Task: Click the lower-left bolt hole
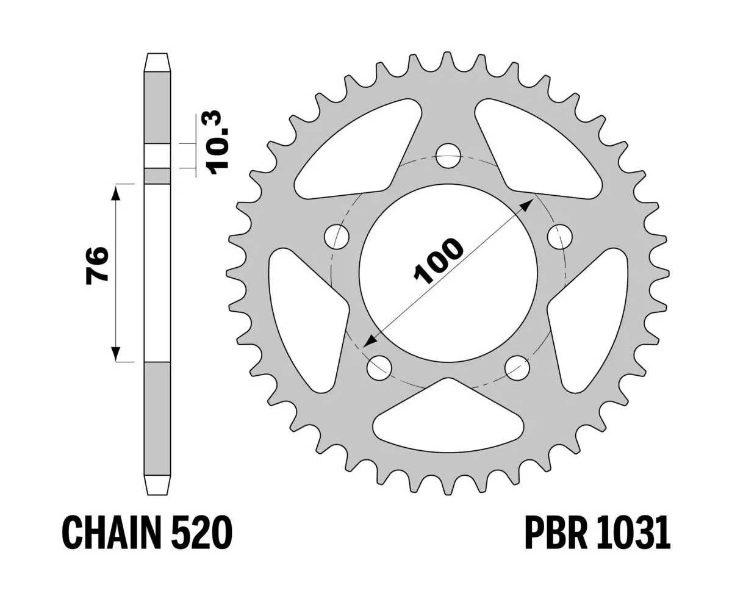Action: click(x=379, y=366)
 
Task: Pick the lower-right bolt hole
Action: click(x=517, y=366)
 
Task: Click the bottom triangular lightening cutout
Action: click(x=448, y=421)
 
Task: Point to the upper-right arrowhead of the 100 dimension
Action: click(x=526, y=204)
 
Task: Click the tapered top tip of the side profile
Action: click(x=157, y=62)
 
